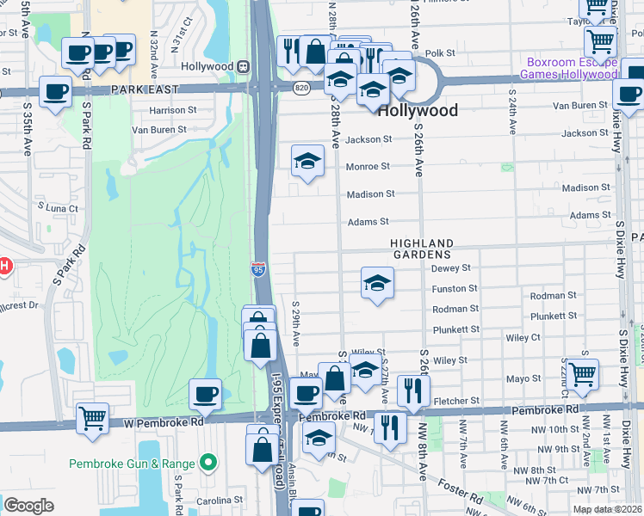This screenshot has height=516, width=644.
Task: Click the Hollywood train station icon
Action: click(244, 66)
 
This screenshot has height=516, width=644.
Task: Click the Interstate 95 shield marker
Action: click(259, 269)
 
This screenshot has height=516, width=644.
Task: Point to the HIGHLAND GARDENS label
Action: click(421, 249)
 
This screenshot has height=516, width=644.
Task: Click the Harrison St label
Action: click(173, 110)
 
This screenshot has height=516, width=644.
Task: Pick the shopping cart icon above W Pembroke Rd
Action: click(92, 417)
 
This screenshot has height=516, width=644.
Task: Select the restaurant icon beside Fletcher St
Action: click(413, 390)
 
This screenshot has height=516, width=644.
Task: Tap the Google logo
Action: click(28, 506)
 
